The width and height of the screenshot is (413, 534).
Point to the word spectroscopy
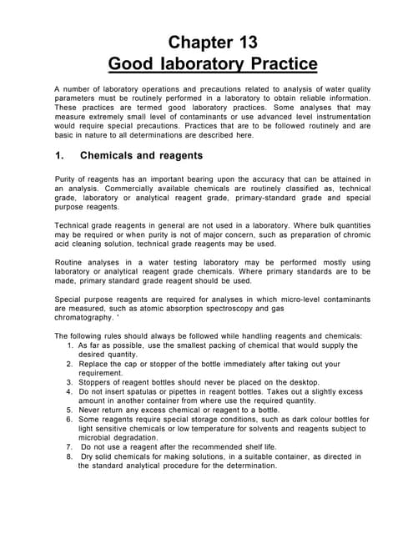(x=234, y=309)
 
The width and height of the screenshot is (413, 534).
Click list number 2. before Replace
(x=69, y=365)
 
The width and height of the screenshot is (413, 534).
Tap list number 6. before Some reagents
(x=69, y=420)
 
